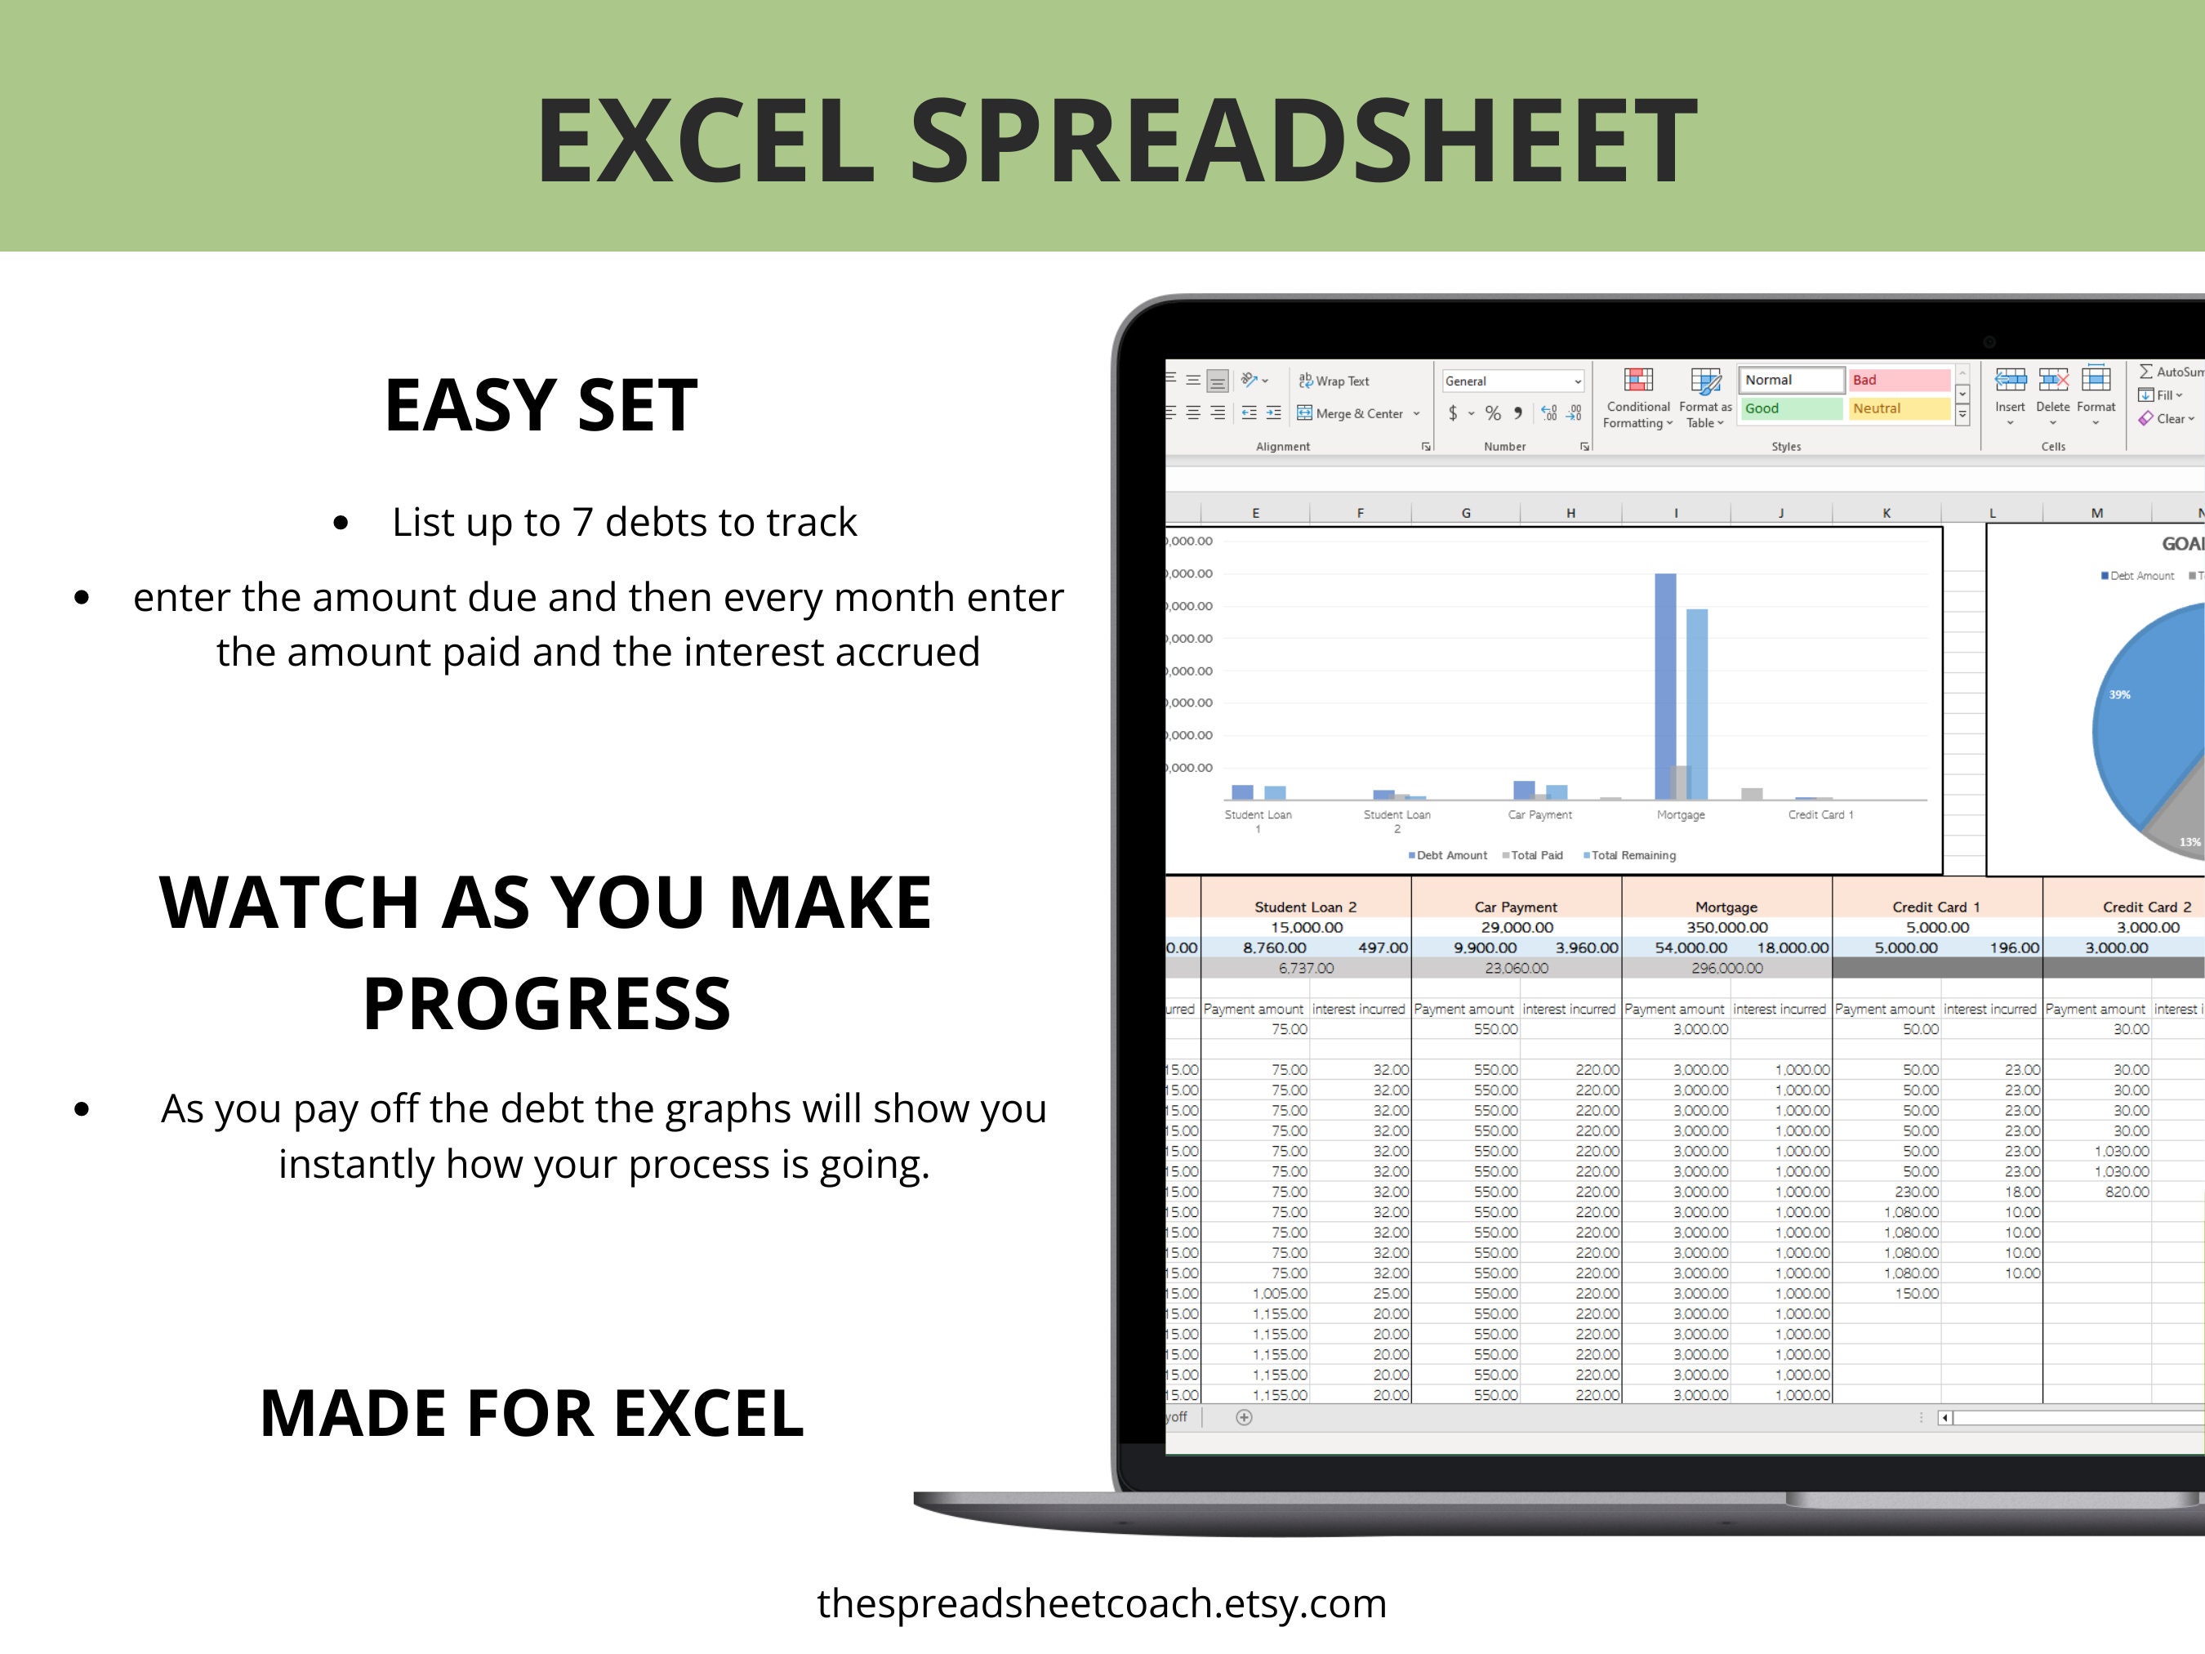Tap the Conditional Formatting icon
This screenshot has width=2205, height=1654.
(1637, 381)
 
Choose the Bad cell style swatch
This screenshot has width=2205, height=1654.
(1899, 380)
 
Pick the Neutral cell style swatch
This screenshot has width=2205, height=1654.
(1899, 408)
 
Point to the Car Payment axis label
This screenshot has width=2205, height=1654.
(1539, 814)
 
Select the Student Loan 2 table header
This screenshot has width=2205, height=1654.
(1305, 907)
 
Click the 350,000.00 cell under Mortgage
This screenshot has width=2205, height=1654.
(1726, 927)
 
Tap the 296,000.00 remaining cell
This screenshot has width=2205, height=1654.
(1726, 968)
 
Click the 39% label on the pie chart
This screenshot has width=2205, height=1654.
(2119, 695)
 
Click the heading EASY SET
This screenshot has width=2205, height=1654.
(541, 405)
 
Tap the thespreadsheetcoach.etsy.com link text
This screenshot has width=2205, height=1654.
(1102, 1604)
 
